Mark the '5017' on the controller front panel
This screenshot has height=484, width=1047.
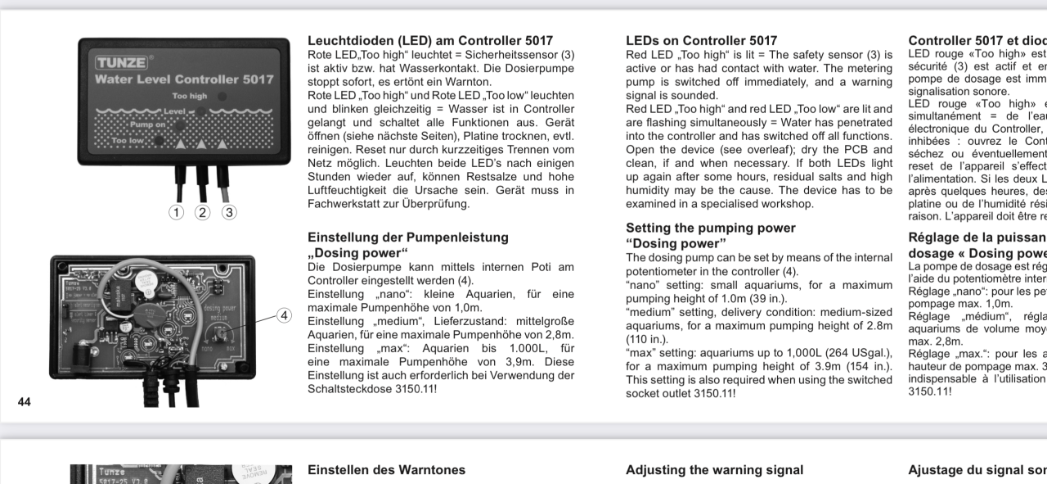coord(243,79)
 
